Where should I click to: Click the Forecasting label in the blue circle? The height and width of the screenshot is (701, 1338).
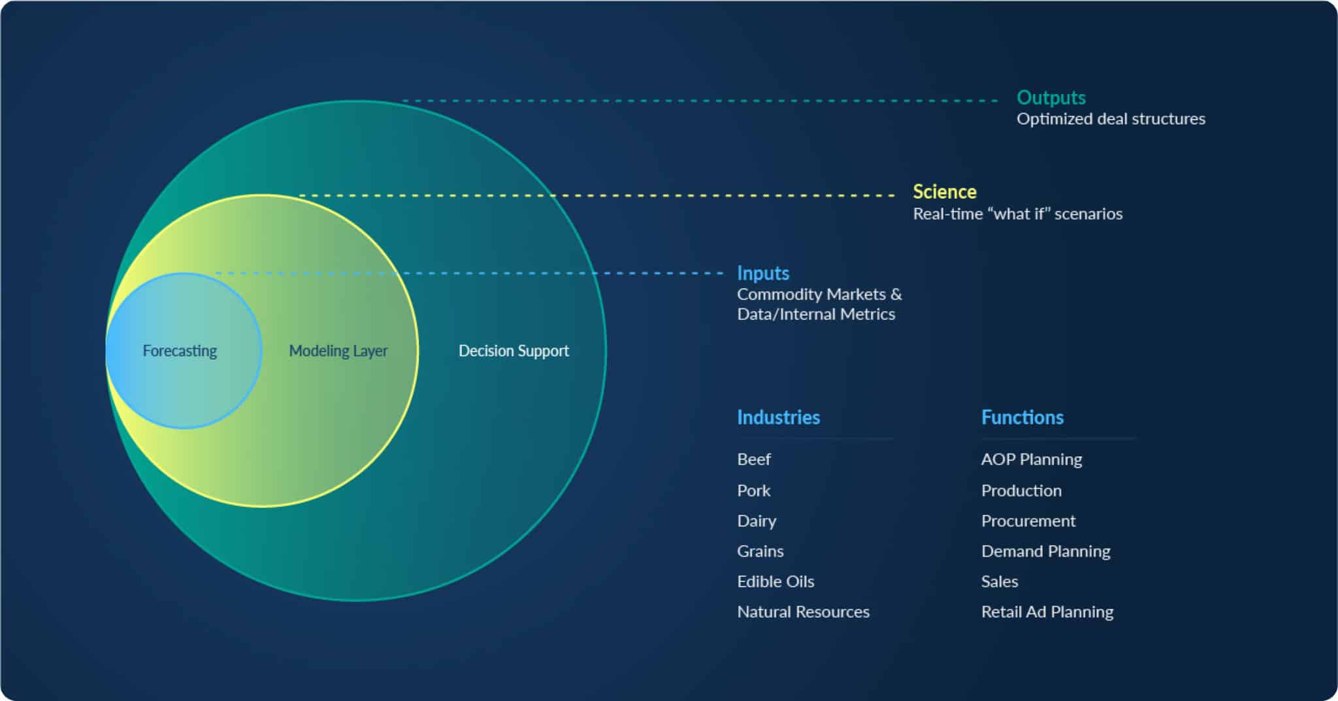(x=180, y=351)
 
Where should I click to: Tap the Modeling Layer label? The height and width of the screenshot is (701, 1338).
(x=338, y=351)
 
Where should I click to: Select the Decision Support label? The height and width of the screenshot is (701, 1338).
(x=514, y=351)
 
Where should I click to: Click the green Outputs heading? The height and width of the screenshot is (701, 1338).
(x=1051, y=97)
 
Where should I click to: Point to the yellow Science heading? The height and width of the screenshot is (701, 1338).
(x=945, y=191)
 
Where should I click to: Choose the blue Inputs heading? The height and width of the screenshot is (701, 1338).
(x=763, y=273)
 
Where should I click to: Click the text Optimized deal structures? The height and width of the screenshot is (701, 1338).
(x=1111, y=119)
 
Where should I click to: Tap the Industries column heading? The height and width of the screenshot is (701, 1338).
(x=778, y=417)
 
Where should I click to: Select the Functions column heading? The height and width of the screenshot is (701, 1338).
(x=1022, y=417)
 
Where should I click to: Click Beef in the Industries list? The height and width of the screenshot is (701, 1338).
(x=754, y=459)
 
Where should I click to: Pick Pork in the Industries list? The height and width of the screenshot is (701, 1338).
(x=754, y=491)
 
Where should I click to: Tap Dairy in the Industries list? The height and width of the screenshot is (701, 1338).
(x=757, y=521)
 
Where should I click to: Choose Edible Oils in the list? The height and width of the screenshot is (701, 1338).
(x=775, y=581)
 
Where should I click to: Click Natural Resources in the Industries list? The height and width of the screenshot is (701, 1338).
(x=803, y=612)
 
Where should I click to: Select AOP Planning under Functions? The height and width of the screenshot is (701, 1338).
(x=1032, y=459)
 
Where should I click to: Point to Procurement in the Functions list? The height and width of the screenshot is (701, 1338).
(x=1028, y=521)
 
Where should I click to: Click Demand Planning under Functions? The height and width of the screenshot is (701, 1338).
(x=1046, y=551)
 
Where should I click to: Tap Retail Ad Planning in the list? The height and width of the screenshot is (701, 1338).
(x=1047, y=612)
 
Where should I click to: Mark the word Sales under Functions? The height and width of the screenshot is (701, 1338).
(x=1000, y=581)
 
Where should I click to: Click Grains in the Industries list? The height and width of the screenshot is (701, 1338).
(x=760, y=551)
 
